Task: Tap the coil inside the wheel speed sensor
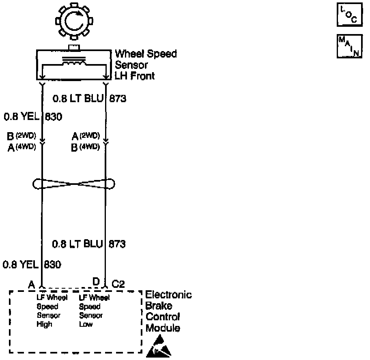73,62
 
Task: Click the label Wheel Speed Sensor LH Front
146,65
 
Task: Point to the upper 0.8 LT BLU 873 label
89,99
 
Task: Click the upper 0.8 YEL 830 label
32,117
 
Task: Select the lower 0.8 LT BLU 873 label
89,244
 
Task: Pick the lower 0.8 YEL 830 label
32,265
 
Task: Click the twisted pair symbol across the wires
73,184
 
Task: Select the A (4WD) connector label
22,147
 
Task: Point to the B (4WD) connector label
85,147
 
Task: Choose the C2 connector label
118,284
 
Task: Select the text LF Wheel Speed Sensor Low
94,311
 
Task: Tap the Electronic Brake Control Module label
168,311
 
